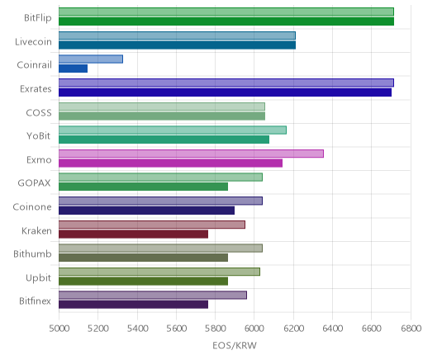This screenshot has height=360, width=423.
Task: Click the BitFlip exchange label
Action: (38, 18)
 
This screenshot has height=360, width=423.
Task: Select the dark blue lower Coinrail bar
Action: (73, 69)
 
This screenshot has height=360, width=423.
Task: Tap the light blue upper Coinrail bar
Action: (91, 59)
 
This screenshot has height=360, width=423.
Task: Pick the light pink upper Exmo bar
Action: (191, 154)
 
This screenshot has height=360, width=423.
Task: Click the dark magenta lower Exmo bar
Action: (170, 163)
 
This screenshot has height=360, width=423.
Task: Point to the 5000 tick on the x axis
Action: (59, 329)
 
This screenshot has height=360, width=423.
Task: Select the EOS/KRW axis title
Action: (235, 345)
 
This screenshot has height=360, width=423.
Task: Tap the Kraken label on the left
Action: (36, 230)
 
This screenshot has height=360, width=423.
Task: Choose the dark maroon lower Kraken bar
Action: (133, 234)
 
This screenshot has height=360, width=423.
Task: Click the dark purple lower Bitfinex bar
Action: (133, 305)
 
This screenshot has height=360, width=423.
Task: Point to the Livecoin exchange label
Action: (33, 41)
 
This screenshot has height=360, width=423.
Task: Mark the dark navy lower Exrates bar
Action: (225, 92)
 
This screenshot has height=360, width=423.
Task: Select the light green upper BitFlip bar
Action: (226, 12)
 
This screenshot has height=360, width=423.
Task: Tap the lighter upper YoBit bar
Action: (173, 130)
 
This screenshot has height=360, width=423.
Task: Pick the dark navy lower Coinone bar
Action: (146, 211)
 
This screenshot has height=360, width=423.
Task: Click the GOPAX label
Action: (34, 183)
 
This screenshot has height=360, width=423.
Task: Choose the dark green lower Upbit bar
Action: (143, 281)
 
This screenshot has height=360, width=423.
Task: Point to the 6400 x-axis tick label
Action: (333, 329)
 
